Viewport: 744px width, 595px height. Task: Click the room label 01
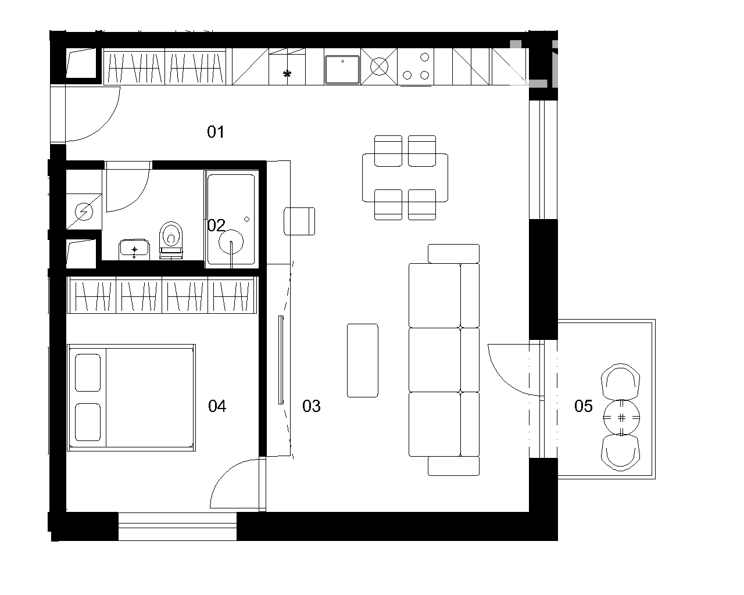point(216,132)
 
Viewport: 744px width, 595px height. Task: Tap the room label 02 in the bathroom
point(216,225)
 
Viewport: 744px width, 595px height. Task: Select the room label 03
point(311,406)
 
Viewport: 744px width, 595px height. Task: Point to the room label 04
point(217,406)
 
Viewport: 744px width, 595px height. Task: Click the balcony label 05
point(583,406)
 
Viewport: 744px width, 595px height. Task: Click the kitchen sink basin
point(342,70)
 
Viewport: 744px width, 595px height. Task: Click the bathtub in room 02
point(231,219)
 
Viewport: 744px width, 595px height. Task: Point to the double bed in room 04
point(131,397)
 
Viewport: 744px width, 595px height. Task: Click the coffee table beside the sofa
point(362,360)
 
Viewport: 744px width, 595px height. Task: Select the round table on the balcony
point(621,418)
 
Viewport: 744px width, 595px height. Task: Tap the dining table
point(405,178)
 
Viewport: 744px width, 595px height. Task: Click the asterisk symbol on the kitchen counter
point(287,73)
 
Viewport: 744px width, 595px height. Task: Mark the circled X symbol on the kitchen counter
point(379,66)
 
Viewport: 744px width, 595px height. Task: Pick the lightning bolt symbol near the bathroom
point(84,212)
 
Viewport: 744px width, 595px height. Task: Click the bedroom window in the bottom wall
point(177,526)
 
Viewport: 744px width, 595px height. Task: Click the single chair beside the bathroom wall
point(299,221)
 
